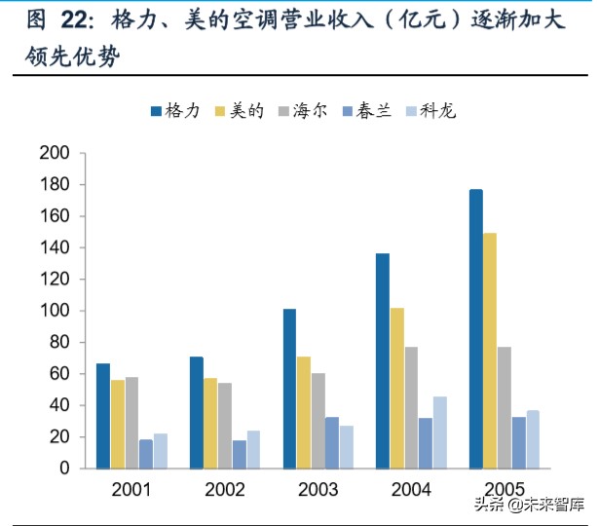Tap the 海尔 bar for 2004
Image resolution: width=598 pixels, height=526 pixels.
411,407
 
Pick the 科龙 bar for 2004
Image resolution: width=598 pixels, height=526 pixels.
440,432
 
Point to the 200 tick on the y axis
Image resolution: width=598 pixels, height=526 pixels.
55,153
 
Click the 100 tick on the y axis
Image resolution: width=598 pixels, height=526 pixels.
55,311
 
